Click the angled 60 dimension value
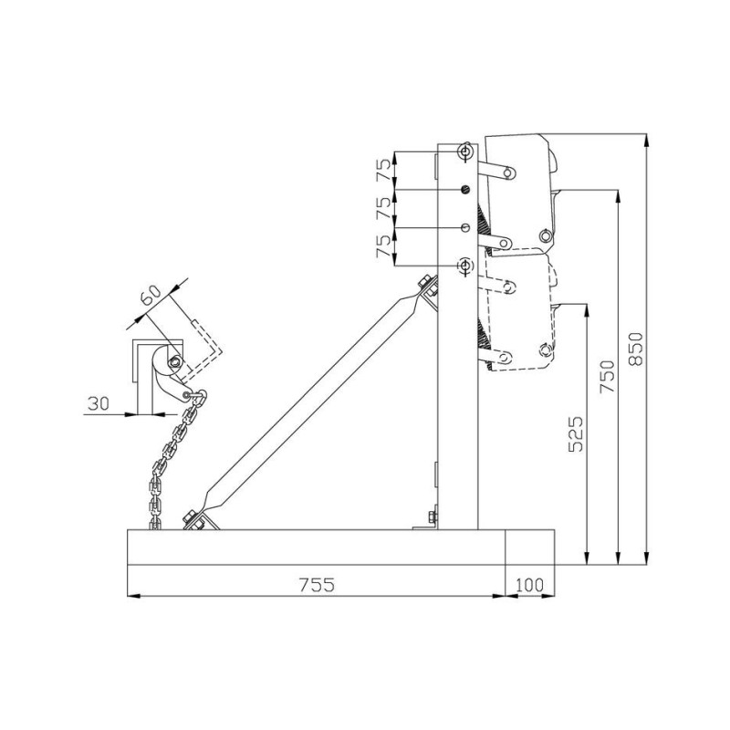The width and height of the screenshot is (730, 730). (x=152, y=296)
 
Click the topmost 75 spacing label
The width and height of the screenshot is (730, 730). (x=383, y=170)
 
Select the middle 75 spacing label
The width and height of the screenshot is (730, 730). (x=383, y=208)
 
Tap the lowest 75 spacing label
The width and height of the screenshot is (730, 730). (x=383, y=246)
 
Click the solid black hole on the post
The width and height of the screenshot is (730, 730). (x=465, y=189)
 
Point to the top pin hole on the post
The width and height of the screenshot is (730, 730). (x=465, y=151)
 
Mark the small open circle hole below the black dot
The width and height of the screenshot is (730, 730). (x=465, y=226)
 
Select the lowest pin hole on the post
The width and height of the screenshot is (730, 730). (x=465, y=265)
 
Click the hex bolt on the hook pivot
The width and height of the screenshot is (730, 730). (x=172, y=362)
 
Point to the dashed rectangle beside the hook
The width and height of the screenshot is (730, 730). (x=205, y=342)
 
